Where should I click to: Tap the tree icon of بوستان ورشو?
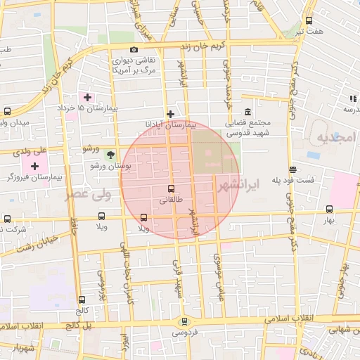pos(110,155)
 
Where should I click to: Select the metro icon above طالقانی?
pos(171,188)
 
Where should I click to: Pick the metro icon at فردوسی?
pos(184,321)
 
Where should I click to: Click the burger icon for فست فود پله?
pos(292,169)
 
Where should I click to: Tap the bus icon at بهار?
pos(329,209)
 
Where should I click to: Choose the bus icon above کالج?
pos(82,299)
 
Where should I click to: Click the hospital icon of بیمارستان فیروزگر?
pos(34,167)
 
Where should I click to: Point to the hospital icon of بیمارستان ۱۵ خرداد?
pos(87,97)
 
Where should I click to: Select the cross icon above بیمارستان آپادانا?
pos(170,113)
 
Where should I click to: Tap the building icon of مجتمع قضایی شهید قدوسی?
pos(247,112)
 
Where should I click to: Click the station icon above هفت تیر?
pos(309,20)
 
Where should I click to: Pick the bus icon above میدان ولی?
pos(7,112)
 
